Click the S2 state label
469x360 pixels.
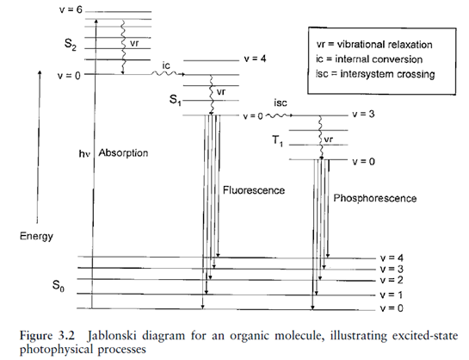coord(71,44)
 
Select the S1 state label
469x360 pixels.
coord(176,100)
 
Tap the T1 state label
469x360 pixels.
coord(277,140)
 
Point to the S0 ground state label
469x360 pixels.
coord(59,285)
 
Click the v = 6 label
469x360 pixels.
coord(71,9)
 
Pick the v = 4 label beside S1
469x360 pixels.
coord(255,59)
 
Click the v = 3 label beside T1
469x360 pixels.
coord(363,114)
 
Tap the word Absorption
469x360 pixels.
coord(123,153)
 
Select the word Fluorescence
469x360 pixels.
coord(254,190)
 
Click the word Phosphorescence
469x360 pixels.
coord(375,198)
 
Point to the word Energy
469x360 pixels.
coord(36,236)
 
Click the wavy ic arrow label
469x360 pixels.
coord(166,65)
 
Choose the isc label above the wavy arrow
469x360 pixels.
coord(281,103)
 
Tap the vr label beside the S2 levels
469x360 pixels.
coord(134,43)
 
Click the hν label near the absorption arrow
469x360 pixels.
coord(84,153)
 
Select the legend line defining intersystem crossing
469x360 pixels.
coord(375,73)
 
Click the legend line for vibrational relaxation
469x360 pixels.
coord(374,44)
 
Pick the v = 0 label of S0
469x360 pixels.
coord(392,308)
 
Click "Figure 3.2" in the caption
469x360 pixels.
coord(47,336)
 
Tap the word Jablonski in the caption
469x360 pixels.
coord(112,336)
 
